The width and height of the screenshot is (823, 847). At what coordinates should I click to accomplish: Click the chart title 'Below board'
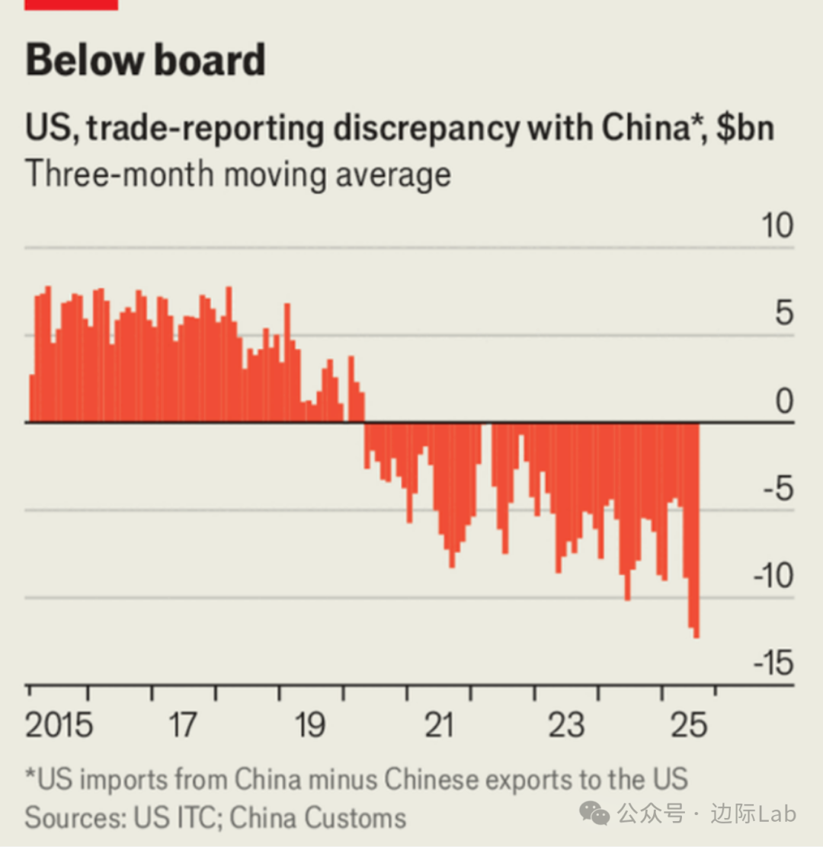[x=146, y=60]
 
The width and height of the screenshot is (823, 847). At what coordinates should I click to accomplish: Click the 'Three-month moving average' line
[x=238, y=174]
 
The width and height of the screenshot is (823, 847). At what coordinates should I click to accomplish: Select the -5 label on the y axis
[x=777, y=488]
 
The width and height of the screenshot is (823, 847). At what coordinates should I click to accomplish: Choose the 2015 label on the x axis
[x=59, y=725]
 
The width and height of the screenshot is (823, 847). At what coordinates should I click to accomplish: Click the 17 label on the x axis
[x=183, y=725]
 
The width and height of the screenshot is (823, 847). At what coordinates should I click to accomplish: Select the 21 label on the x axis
[x=438, y=725]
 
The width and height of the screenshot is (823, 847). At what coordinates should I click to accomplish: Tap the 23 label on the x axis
[x=566, y=725]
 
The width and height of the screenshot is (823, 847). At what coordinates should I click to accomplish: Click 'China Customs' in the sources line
[x=318, y=817]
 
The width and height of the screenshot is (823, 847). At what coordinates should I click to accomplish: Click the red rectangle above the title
[x=72, y=5]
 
